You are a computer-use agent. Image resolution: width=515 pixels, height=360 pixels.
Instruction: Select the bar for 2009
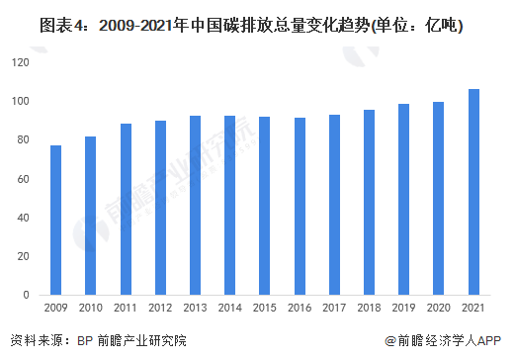point(56,220)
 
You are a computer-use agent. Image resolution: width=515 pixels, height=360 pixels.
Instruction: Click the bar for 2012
point(160,208)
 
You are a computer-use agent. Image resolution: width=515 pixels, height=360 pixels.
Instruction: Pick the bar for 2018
point(368,202)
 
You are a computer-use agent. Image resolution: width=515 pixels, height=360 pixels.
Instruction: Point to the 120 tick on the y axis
point(24,62)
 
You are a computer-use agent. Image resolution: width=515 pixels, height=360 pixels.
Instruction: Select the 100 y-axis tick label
point(24,101)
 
